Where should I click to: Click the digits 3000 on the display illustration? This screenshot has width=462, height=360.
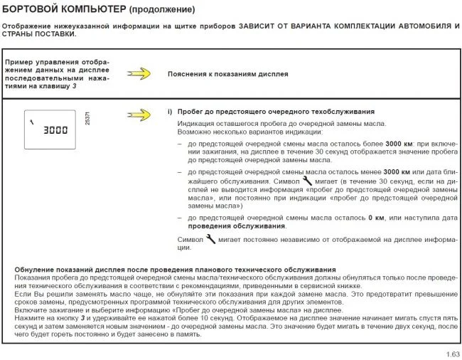pos(55,131)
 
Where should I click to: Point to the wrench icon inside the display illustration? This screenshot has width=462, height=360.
pos(32,121)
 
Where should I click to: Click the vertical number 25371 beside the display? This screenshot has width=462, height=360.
pos(87,119)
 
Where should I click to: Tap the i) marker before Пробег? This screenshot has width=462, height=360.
pos(171,112)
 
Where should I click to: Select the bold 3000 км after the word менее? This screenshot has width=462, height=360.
pos(399,172)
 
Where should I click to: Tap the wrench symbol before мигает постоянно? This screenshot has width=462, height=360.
pos(211,240)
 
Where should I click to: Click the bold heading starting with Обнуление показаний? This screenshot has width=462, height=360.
pos(175,270)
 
